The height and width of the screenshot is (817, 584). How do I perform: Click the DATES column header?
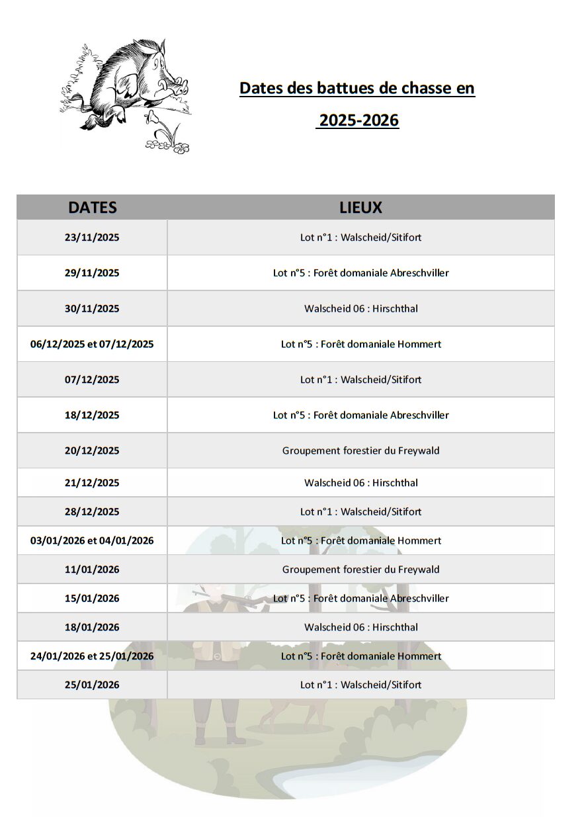[92, 207]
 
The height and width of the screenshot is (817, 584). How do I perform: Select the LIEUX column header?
[360, 207]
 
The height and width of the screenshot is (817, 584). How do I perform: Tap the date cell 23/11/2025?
[92, 237]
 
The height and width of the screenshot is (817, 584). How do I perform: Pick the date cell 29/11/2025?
[92, 273]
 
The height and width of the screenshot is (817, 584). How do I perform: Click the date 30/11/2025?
[92, 308]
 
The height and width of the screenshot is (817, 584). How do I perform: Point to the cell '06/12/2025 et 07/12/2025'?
[92, 344]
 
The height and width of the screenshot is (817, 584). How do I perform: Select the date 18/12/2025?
[92, 415]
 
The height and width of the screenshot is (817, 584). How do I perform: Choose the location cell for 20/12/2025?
[360, 451]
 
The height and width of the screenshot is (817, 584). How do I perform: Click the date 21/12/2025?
[92, 483]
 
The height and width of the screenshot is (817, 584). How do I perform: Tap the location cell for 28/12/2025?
[360, 511]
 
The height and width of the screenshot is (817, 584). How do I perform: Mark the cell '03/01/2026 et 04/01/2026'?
[92, 540]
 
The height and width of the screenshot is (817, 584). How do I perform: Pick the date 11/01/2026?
[92, 570]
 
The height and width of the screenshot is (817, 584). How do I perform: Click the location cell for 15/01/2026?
[360, 599]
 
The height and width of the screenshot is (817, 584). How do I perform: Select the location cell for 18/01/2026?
[360, 627]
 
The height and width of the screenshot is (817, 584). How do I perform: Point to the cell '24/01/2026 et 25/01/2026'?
[92, 656]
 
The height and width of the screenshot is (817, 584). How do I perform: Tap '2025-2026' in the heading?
[358, 120]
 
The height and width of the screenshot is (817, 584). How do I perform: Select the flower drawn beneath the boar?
[153, 120]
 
